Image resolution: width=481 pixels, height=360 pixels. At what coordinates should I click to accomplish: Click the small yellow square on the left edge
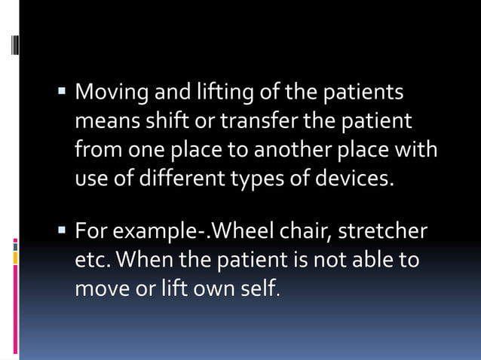[15, 259]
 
